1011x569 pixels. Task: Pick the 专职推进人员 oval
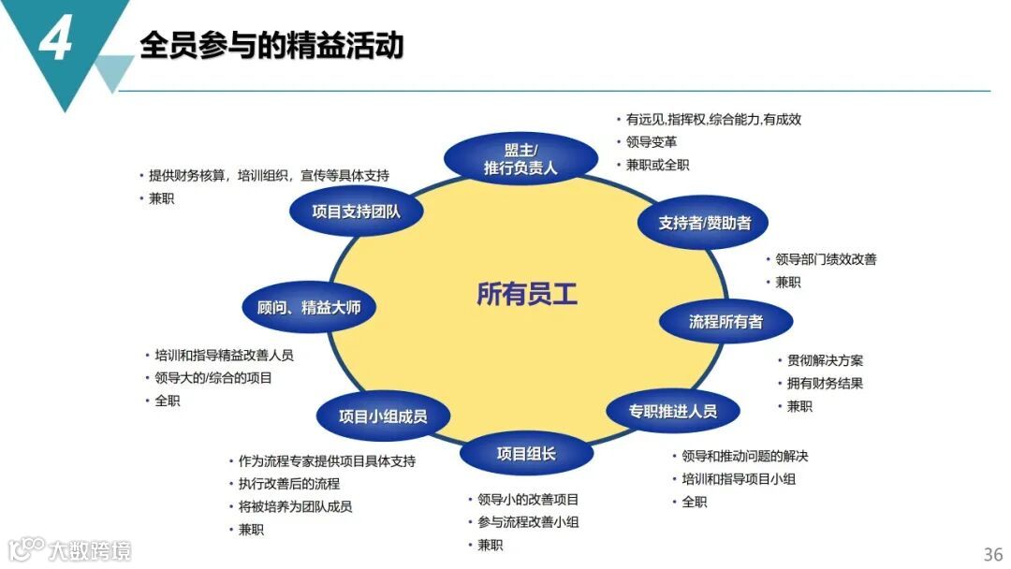[x=672, y=410]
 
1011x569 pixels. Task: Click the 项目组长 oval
[x=526, y=453]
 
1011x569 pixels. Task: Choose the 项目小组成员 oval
[x=382, y=416]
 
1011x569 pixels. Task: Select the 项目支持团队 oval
[x=355, y=211]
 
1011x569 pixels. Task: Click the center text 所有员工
[x=527, y=294]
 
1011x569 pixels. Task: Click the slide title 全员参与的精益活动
[x=271, y=44]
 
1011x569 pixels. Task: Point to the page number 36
[x=992, y=553]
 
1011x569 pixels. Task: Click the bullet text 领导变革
[x=652, y=142]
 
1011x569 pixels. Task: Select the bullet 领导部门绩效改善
[x=826, y=259]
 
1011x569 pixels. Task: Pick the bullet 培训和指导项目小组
[x=739, y=478]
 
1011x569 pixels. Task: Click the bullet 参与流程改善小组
[x=528, y=521]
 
